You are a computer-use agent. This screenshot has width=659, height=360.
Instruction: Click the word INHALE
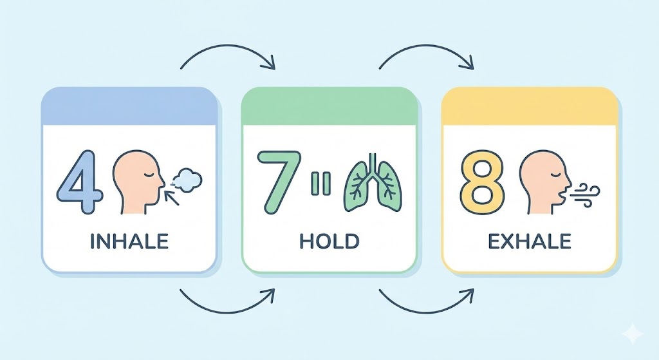129,242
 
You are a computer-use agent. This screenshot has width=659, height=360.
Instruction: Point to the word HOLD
329,242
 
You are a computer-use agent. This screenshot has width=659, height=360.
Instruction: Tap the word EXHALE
530,242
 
